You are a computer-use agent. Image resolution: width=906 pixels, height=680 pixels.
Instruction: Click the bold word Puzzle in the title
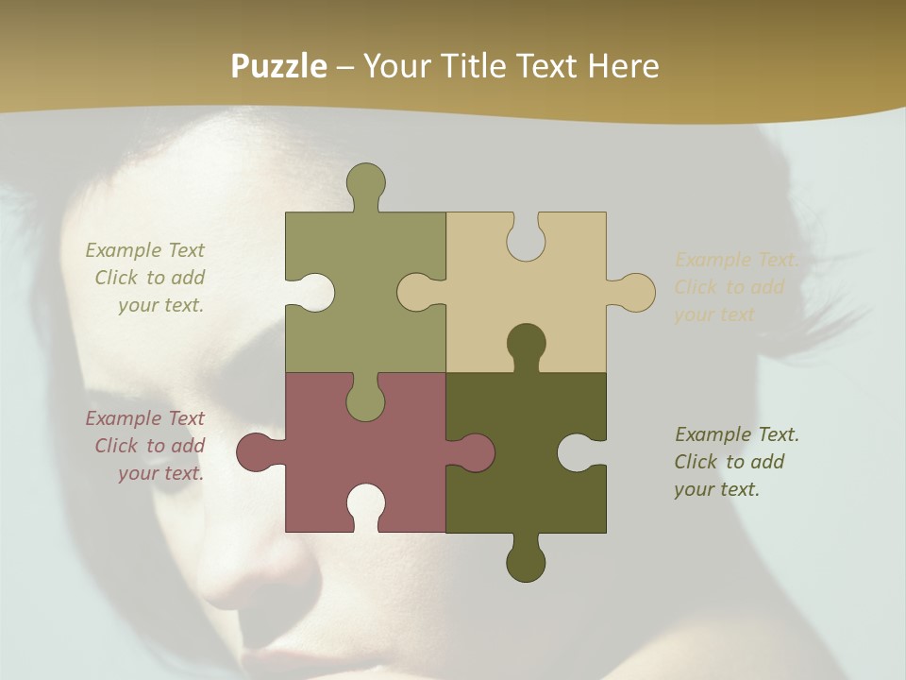pos(279,66)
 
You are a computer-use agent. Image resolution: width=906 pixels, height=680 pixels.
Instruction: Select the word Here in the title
pos(623,66)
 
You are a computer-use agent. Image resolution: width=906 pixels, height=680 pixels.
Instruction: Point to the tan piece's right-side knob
pos(635,292)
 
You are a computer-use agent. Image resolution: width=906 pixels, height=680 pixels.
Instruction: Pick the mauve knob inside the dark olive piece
pos(474,452)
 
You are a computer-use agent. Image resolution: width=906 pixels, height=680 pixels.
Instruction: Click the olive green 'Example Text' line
pos(144,250)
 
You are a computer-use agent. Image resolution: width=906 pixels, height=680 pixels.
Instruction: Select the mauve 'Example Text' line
pos(144,418)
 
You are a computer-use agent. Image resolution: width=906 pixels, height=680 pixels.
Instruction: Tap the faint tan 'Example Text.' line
pos(737,260)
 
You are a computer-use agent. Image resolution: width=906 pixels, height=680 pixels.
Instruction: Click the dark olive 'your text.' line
pos(716,489)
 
